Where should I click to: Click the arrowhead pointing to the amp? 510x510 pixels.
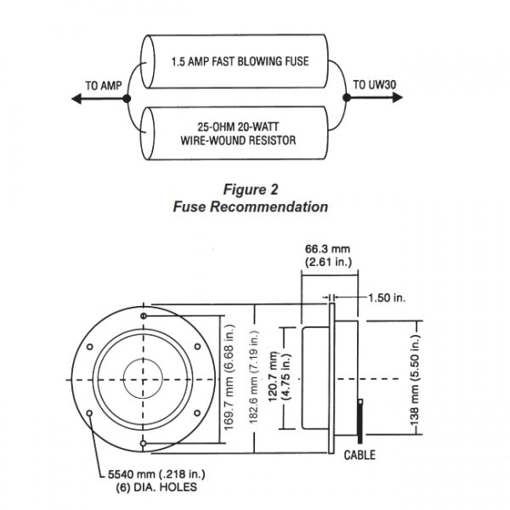(76, 99)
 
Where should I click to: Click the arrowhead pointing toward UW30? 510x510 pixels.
(398, 97)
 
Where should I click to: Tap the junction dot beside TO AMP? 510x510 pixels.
(127, 99)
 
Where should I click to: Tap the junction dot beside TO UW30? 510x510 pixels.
(347, 97)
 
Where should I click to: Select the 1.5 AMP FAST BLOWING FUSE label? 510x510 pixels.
(240, 61)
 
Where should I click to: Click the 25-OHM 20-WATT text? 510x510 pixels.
(238, 127)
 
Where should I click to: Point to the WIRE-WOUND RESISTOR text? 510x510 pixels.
(238, 140)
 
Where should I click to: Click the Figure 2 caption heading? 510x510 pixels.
(251, 190)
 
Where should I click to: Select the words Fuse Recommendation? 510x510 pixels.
(251, 207)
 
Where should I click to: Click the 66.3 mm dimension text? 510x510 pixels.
(327, 249)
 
